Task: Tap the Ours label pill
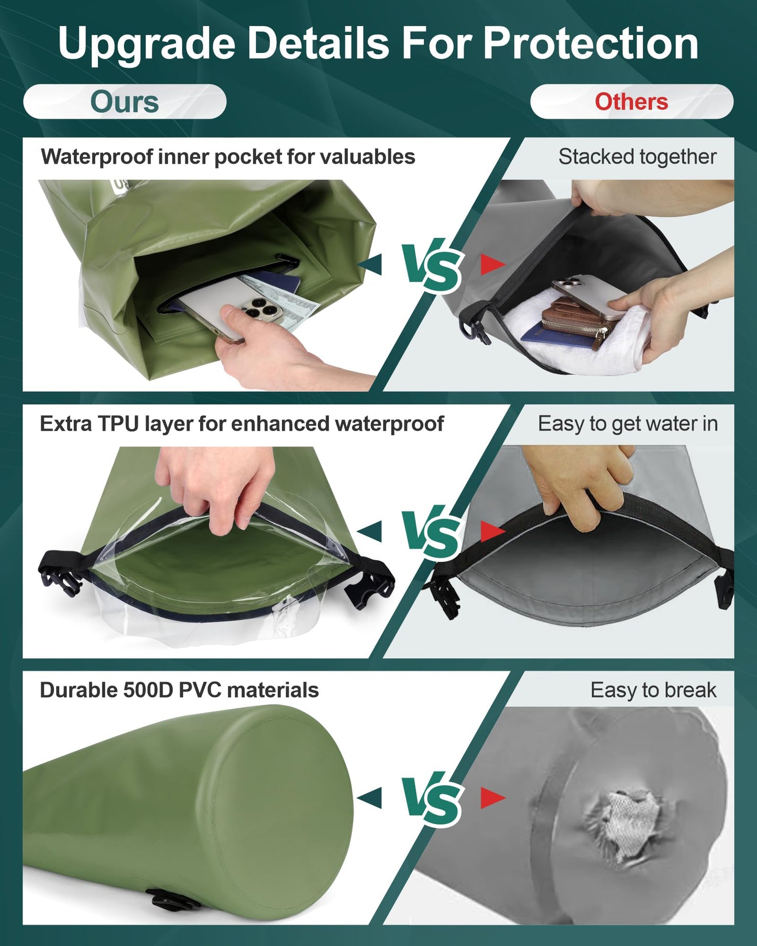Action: (x=125, y=102)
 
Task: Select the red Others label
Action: (x=631, y=102)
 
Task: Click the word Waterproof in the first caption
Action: (x=96, y=157)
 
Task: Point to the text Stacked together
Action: (x=637, y=157)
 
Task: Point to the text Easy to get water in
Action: (x=628, y=424)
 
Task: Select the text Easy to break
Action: (x=653, y=690)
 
